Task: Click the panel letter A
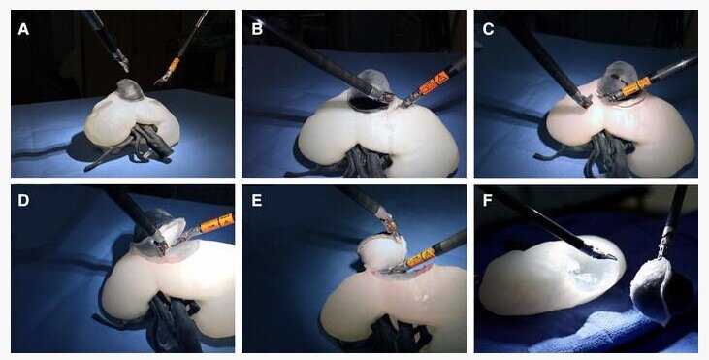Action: (23, 30)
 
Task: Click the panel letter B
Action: (257, 30)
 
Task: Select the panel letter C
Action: (488, 30)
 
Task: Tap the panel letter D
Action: (23, 200)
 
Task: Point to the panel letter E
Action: (257, 200)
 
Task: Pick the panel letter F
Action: (488, 200)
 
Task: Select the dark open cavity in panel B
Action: (368, 102)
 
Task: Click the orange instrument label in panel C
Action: (636, 87)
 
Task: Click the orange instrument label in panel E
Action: (421, 258)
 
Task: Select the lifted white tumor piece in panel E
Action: (382, 250)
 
